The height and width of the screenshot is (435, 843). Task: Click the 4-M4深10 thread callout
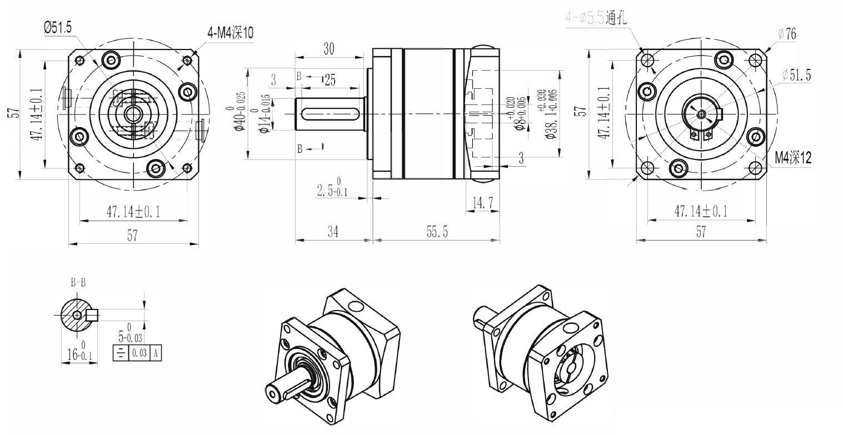[230, 33]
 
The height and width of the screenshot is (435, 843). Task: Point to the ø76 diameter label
[787, 34]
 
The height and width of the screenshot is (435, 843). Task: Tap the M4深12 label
[793, 158]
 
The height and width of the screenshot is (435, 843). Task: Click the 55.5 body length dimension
[437, 232]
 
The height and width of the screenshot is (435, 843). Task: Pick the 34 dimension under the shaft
[332, 232]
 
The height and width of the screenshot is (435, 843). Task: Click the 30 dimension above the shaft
[328, 49]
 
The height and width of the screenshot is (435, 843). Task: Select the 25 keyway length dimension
[330, 81]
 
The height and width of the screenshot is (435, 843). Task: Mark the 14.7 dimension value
[482, 203]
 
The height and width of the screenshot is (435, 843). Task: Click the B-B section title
[78, 282]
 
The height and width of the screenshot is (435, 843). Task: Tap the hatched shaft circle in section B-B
[73, 315]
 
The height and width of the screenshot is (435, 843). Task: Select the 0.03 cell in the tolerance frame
[140, 353]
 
